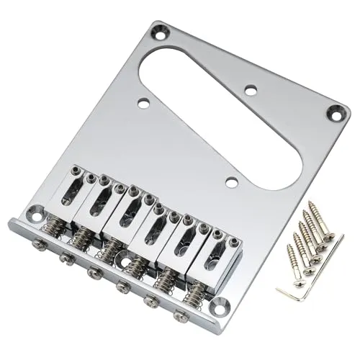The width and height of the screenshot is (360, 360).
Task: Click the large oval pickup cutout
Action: tap(216, 108)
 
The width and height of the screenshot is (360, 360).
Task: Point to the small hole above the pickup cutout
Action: tap(251, 90)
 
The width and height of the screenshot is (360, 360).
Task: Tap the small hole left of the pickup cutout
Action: tap(143, 104)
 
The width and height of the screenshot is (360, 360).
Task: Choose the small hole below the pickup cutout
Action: tap(230, 183)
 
